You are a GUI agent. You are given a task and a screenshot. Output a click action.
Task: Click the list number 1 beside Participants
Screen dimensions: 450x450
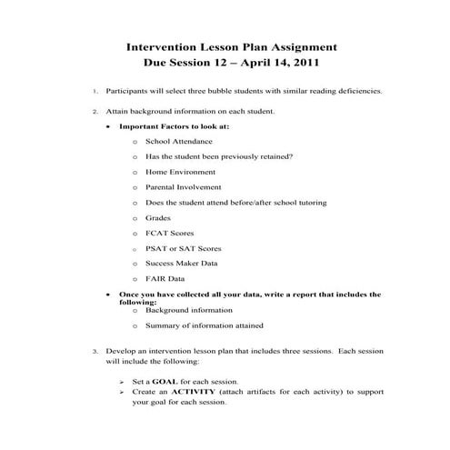95,92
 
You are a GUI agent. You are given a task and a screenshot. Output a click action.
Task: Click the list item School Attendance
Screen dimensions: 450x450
179,141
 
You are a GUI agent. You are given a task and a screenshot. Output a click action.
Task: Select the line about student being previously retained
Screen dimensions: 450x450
218,155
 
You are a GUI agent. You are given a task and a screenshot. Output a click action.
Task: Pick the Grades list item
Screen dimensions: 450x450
157,217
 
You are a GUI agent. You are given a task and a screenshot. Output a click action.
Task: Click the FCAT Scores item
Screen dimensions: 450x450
169,233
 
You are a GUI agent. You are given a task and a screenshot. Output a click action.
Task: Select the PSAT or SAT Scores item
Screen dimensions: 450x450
183,248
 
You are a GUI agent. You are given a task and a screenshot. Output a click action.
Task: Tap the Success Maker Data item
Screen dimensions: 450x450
182,263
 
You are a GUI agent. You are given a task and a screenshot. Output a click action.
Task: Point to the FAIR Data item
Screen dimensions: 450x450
165,278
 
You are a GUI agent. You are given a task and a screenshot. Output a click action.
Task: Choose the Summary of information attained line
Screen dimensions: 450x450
205,325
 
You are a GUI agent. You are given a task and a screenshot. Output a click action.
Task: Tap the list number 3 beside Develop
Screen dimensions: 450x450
95,350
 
